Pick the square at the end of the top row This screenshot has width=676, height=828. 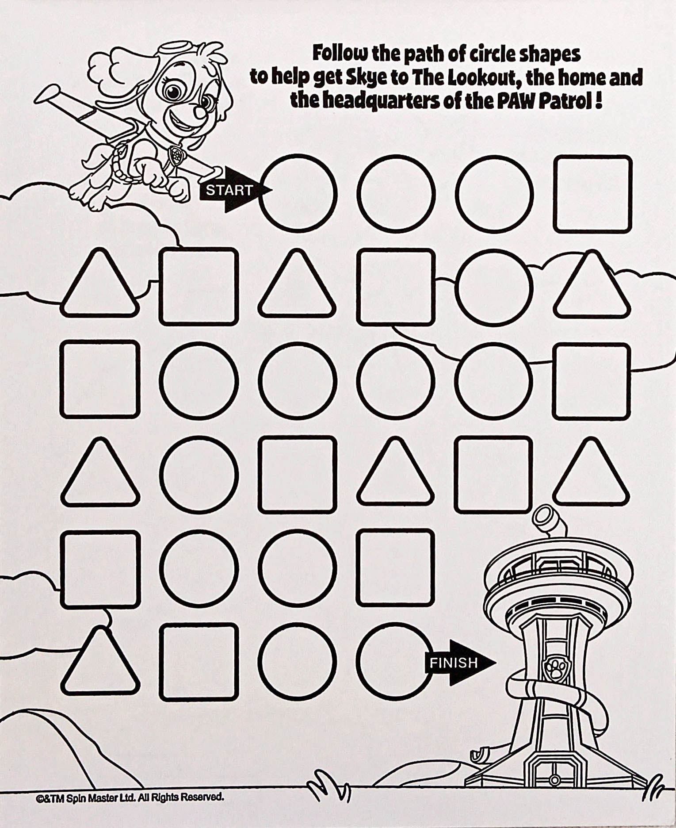592,194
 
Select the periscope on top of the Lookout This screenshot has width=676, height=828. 549,522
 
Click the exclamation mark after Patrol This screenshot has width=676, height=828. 598,101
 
